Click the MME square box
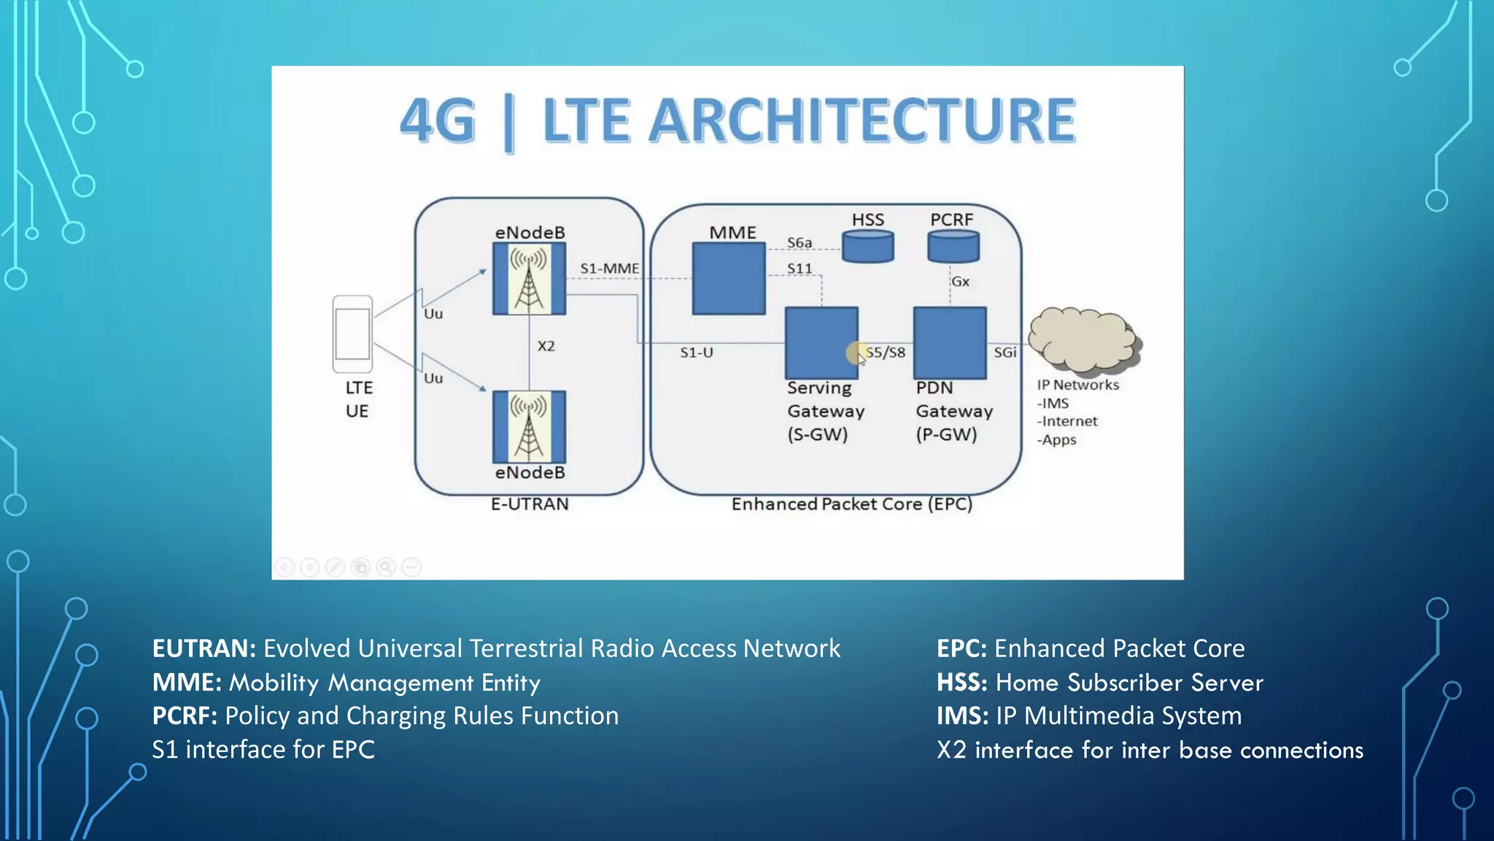point(728,279)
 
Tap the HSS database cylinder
point(867,246)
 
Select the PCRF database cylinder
point(953,246)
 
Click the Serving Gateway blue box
point(821,342)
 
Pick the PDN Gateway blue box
point(950,342)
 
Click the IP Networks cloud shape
point(1084,339)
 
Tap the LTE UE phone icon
point(352,334)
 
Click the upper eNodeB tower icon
point(529,279)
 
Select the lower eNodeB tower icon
point(529,427)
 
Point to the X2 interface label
point(546,346)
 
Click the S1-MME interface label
point(609,269)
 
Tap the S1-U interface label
point(696,353)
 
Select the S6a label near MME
point(799,242)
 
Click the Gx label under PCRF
point(961,282)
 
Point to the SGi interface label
point(1005,353)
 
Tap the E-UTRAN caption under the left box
point(530,504)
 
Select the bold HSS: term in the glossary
point(961,683)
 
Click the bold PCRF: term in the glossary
point(185,716)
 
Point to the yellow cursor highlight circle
point(856,353)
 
